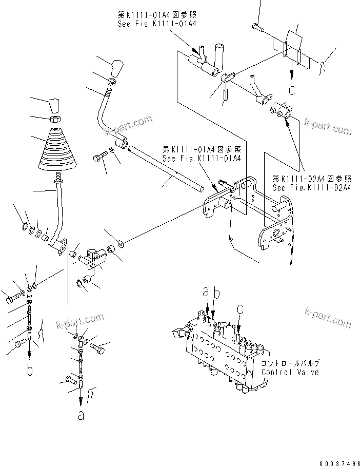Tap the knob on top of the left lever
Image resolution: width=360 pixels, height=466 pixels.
point(54,105)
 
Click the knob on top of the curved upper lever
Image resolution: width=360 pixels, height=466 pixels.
point(117,67)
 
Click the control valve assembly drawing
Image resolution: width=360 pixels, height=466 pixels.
point(221,354)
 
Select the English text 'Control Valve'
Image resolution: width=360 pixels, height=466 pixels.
point(290,372)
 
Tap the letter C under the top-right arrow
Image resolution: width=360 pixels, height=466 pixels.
point(291,91)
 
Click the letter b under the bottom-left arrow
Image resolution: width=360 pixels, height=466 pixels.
point(30,369)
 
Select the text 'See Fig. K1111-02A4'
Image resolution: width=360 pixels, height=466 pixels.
point(312,188)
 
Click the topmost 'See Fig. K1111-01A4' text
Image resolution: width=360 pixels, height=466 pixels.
point(157,24)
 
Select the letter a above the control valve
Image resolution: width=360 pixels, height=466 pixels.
point(205,293)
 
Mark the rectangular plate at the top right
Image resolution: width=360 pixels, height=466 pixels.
point(296,49)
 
